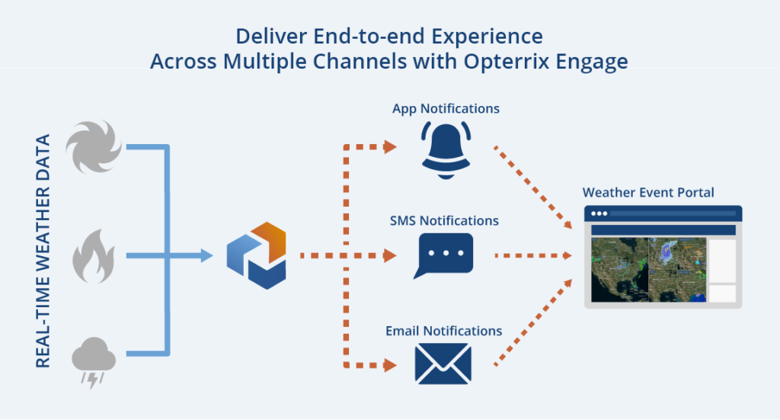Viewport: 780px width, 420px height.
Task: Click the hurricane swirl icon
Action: [x=94, y=147]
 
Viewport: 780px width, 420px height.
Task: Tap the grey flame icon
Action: [x=94, y=256]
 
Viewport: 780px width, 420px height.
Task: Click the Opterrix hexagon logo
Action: [x=256, y=256]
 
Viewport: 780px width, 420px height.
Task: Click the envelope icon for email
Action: [x=443, y=364]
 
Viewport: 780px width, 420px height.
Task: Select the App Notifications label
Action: [x=446, y=108]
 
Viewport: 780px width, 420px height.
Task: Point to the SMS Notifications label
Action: [x=444, y=220]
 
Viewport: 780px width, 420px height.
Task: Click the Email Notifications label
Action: [x=444, y=331]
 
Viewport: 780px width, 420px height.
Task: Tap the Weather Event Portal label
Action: [x=648, y=193]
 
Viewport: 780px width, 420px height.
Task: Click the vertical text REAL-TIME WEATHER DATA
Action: [x=43, y=251]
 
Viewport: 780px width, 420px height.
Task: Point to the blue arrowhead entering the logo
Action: [x=206, y=256]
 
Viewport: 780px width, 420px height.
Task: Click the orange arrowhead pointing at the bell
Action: [x=390, y=147]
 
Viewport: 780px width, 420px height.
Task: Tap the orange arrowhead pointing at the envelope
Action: [x=390, y=365]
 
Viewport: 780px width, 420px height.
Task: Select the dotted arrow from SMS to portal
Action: [x=533, y=256]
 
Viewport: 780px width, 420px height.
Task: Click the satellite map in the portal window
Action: [x=649, y=270]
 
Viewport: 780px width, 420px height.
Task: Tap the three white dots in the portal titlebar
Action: [x=599, y=213]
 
